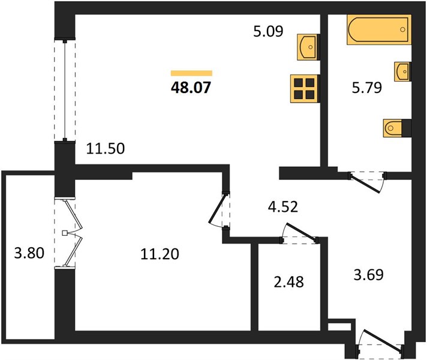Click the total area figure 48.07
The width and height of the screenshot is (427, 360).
[191, 88]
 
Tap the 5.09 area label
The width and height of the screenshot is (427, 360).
[268, 31]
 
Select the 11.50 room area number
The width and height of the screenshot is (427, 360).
[106, 149]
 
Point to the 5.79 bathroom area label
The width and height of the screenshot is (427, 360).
[367, 88]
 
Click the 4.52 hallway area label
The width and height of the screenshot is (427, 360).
[283, 206]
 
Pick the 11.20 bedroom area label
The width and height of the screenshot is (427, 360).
[160, 254]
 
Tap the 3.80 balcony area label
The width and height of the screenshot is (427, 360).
[29, 253]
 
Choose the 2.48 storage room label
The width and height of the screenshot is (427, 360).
[288, 282]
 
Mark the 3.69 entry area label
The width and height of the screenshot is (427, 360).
[368, 274]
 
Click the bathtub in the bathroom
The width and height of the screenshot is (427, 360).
[379, 29]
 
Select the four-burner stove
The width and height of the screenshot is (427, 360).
[305, 89]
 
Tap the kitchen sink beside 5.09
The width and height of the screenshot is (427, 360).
[308, 47]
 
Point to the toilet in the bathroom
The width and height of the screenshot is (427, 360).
[395, 128]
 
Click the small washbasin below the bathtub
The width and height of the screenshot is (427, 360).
[402, 71]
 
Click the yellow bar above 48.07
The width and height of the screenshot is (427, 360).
[191, 73]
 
